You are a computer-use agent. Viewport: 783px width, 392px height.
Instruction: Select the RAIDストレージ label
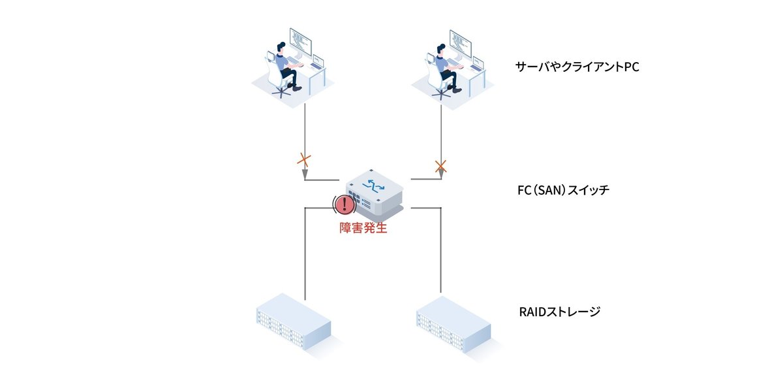pyautogui.click(x=559, y=312)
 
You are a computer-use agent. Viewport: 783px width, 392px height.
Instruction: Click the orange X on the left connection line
pyautogui.click(x=304, y=159)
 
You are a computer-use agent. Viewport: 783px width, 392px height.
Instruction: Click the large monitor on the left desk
pyautogui.click(x=301, y=42)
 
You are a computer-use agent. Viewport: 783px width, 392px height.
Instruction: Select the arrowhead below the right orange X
pyautogui.click(x=441, y=174)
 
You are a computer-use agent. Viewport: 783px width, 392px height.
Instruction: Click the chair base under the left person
pyautogui.click(x=282, y=91)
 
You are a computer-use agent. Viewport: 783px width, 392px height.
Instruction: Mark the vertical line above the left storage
pyautogui.click(x=305, y=255)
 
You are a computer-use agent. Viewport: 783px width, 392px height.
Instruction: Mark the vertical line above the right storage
pyautogui.click(x=442, y=255)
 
